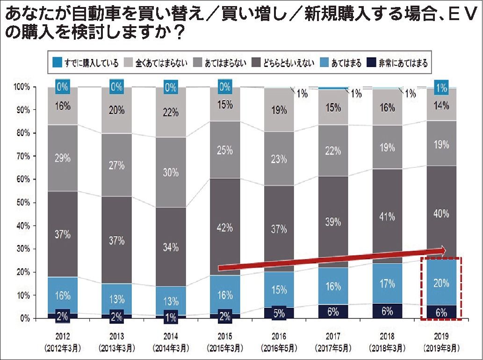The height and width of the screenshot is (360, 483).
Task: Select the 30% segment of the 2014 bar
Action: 171,173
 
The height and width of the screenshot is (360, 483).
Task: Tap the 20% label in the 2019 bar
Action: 441,282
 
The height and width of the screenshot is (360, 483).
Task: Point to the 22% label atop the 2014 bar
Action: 171,113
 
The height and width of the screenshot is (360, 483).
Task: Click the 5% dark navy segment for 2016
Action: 279,313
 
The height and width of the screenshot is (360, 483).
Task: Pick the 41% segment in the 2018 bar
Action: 387,217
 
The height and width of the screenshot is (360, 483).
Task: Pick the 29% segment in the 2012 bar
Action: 63,158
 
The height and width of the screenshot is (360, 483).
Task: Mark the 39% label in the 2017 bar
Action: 333,222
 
